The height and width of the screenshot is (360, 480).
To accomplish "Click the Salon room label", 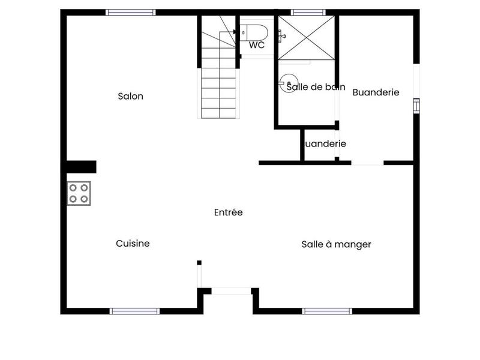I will point(130,96).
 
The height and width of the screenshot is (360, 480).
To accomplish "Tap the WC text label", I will point(257,45).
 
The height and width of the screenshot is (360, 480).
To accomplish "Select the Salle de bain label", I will point(316,87).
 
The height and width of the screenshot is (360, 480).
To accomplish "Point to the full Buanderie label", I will point(376,92).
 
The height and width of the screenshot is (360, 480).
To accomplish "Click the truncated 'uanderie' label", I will point(326,144).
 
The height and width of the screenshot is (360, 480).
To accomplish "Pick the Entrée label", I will point(228,212).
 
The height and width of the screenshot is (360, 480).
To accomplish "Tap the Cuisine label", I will point(133,244).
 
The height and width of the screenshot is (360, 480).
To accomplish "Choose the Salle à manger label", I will point(336,244).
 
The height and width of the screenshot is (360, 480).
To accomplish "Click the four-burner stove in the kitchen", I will point(79,193).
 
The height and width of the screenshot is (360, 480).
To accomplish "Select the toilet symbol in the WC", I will point(253,31).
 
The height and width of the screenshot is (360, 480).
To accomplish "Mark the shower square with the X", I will point(306,38).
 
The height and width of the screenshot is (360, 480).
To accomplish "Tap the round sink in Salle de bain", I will point(290,81).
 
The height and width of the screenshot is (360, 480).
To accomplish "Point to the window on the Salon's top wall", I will point(131,12).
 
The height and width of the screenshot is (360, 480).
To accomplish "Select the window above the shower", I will point(308,12).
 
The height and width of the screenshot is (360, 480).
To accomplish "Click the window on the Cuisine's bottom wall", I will point(134,311).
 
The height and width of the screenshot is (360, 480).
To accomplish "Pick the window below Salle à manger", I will point(326,311).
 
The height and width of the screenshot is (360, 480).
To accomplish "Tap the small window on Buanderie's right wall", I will point(416,106).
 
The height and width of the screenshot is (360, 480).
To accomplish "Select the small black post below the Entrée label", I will point(199,262).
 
